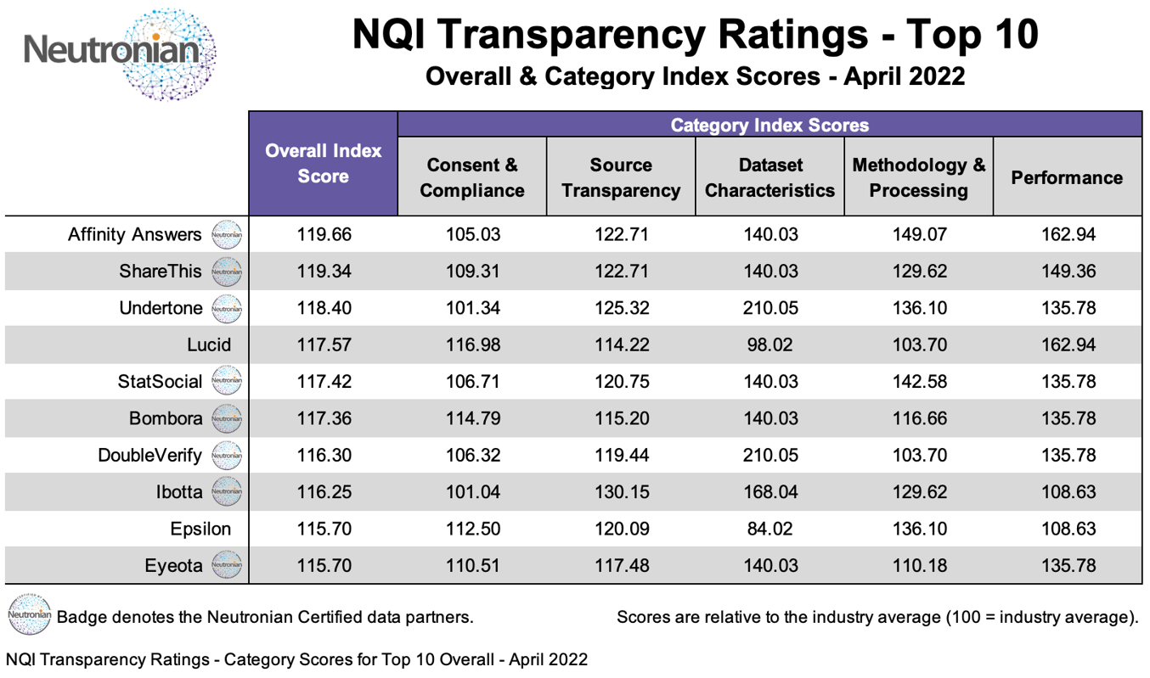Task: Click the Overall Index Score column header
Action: (323, 163)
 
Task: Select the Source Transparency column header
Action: (620, 177)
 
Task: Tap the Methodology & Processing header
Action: (918, 177)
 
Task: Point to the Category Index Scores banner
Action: (769, 126)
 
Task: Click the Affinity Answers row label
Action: (135, 235)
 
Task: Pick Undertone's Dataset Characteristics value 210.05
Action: (769, 308)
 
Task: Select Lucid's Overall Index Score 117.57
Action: (323, 345)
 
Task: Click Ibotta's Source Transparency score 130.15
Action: (620, 492)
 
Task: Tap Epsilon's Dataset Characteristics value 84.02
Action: (769, 529)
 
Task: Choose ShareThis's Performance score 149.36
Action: (1068, 272)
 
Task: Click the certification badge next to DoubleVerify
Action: (227, 456)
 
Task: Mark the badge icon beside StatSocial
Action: (227, 382)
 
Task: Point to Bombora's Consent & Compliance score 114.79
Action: (471, 418)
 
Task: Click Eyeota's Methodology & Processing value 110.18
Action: (918, 565)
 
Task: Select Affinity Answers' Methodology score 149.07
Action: (918, 235)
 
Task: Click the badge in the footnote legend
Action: (28, 615)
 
